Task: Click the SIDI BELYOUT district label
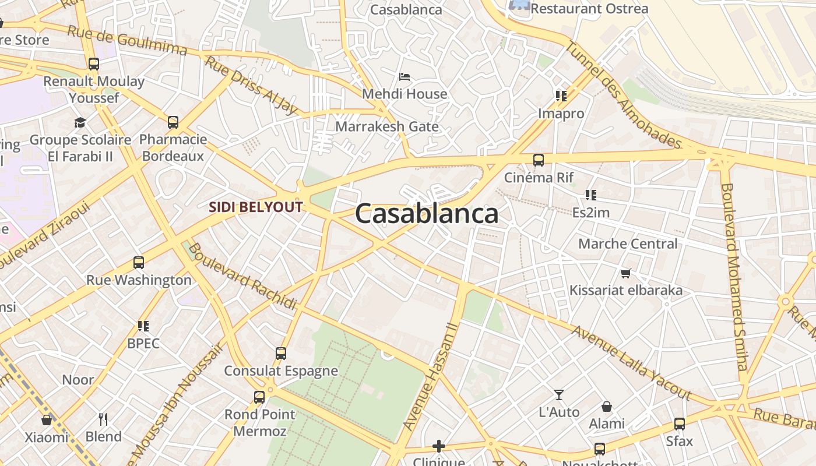[256, 207]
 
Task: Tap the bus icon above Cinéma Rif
[539, 160]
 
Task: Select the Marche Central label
[628, 243]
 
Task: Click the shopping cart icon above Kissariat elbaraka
[626, 273]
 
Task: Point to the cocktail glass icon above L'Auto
[559, 395]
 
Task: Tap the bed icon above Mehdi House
[405, 77]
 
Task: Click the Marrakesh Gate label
[387, 126]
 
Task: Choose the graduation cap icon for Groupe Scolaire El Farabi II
[80, 122]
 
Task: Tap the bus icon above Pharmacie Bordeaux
[173, 122]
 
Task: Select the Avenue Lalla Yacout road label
[631, 363]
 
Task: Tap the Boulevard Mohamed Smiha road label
[734, 277]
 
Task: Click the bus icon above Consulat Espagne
[281, 353]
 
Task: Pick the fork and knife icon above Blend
[103, 419]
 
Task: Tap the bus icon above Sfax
[680, 424]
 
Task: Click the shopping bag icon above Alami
[607, 406]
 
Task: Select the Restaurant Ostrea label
[589, 9]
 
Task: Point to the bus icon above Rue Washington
[139, 263]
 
